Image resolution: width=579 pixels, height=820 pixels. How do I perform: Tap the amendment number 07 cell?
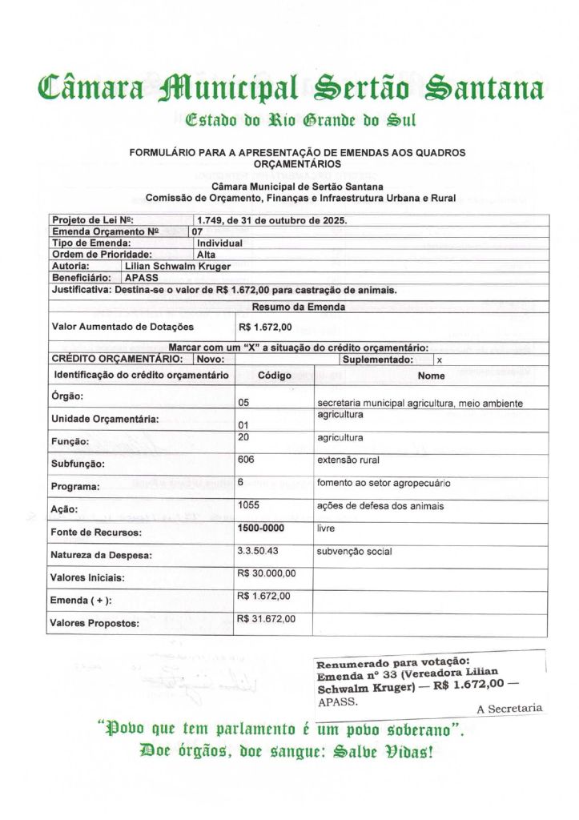(x=197, y=231)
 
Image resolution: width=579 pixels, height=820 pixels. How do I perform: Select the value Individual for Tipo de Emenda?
(x=219, y=243)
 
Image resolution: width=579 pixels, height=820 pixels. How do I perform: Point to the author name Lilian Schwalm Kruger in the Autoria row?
(x=178, y=266)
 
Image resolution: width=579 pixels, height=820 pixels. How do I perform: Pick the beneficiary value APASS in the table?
(x=142, y=277)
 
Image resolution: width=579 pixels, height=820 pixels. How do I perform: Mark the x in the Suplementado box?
(x=440, y=360)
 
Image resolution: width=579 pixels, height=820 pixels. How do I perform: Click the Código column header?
(x=275, y=375)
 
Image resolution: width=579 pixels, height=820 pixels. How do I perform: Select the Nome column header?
(x=432, y=376)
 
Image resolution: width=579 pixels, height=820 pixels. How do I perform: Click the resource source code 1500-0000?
(x=261, y=529)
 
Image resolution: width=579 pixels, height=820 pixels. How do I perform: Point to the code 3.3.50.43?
(x=257, y=551)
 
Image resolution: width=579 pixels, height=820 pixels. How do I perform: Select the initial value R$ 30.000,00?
(x=267, y=573)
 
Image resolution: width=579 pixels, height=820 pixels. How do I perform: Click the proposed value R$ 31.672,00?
(x=267, y=619)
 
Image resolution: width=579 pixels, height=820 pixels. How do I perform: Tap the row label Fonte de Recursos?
(x=96, y=533)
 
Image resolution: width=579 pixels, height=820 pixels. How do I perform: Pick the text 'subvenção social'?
(x=348, y=552)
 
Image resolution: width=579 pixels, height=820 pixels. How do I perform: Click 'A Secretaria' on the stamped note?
(x=509, y=709)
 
